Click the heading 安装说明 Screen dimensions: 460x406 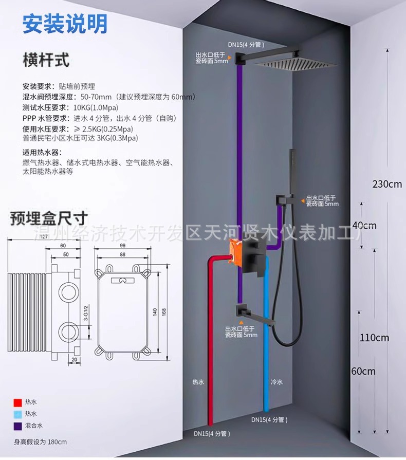point(65,23)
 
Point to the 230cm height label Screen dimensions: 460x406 point(387,184)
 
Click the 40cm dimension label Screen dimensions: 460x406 point(364,225)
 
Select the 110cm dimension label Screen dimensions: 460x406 point(374,338)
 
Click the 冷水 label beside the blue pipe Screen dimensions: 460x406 point(276,383)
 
